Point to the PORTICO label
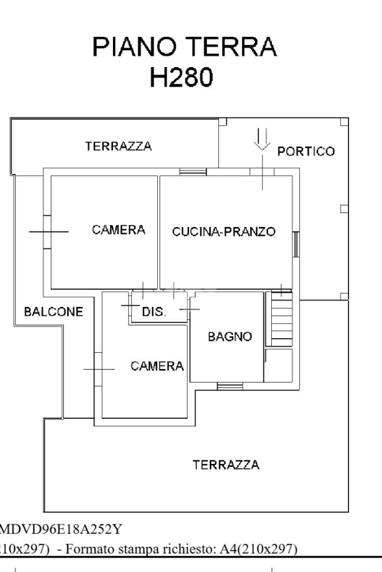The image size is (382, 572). click(306, 152)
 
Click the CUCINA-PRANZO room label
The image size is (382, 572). click(224, 232)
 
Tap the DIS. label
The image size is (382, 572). click(154, 312)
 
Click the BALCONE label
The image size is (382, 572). click(54, 311)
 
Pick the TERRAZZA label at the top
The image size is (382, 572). click(118, 146)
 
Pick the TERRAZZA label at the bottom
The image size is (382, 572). click(226, 465)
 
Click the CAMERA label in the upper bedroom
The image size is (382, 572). click(119, 230)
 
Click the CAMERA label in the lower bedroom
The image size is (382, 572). click(157, 366)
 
